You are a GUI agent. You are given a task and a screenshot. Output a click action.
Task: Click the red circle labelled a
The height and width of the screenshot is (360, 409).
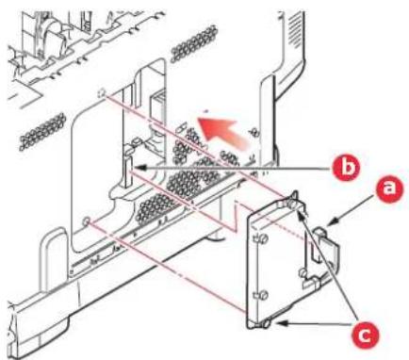coord(390,189)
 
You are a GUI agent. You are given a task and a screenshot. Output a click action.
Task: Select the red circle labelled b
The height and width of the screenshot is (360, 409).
coord(346,168)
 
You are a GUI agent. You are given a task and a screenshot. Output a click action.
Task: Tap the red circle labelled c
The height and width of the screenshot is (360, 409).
coord(365,336)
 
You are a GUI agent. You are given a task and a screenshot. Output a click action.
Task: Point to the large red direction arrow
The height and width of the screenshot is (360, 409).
coord(223,130)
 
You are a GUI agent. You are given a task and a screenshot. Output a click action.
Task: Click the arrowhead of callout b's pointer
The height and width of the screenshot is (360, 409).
coord(139,169)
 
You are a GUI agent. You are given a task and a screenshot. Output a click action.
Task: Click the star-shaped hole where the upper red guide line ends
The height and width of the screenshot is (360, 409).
coord(102,93)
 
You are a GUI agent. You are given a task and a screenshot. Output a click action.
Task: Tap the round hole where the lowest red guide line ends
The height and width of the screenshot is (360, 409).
coord(86,221)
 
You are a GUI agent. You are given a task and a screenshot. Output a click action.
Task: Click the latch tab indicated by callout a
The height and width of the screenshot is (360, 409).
coord(327,247)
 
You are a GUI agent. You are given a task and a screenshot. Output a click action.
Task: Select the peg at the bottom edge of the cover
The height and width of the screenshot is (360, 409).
coord(266,323)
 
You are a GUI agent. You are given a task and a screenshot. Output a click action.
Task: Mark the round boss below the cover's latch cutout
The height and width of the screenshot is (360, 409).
coord(303,271)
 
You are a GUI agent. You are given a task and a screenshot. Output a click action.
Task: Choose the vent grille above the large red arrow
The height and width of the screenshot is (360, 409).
coord(194,43)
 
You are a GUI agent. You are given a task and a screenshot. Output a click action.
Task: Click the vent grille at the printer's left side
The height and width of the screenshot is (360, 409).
coord(43,131)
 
